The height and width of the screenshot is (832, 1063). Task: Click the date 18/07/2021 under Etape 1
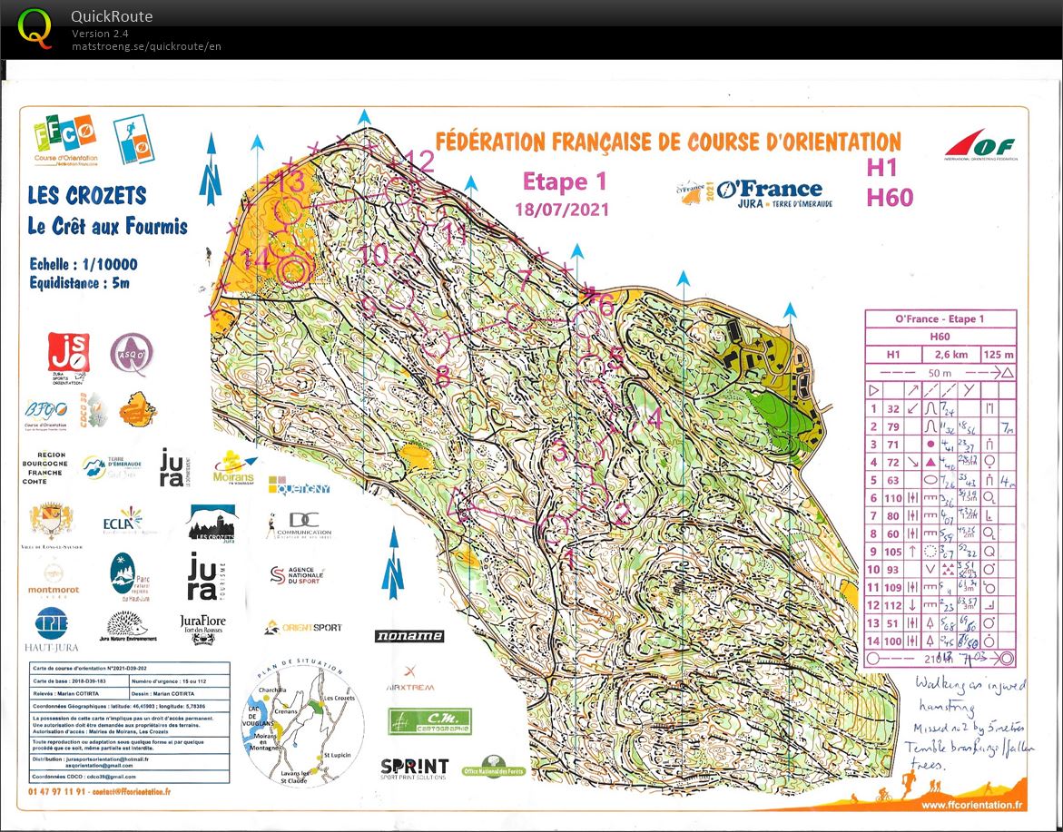(562, 210)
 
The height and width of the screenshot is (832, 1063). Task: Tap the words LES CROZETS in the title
(87, 195)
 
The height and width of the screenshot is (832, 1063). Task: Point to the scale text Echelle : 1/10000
(84, 264)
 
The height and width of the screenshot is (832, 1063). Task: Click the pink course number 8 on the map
(443, 374)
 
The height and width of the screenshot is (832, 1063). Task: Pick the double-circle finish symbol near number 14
(292, 269)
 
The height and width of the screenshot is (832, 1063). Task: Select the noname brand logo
(409, 636)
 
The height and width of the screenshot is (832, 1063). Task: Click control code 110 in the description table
(893, 497)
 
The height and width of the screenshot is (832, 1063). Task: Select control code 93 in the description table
(893, 569)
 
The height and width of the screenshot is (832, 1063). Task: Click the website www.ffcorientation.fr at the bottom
(972, 804)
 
